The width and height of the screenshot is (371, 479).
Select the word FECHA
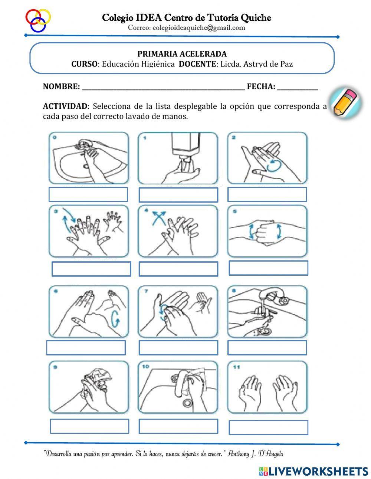click(x=261, y=87)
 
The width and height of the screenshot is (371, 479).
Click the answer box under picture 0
click(x=88, y=194)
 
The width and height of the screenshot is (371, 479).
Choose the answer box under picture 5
click(x=268, y=268)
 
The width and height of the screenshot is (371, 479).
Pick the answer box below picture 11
click(x=268, y=427)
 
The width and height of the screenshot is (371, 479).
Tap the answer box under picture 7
click(x=178, y=348)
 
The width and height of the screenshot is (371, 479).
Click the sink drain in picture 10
click(x=187, y=403)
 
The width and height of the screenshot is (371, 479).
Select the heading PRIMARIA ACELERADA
click(x=182, y=54)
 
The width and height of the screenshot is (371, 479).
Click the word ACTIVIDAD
click(x=65, y=106)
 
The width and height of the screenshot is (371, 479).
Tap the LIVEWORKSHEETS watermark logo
click(x=313, y=471)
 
